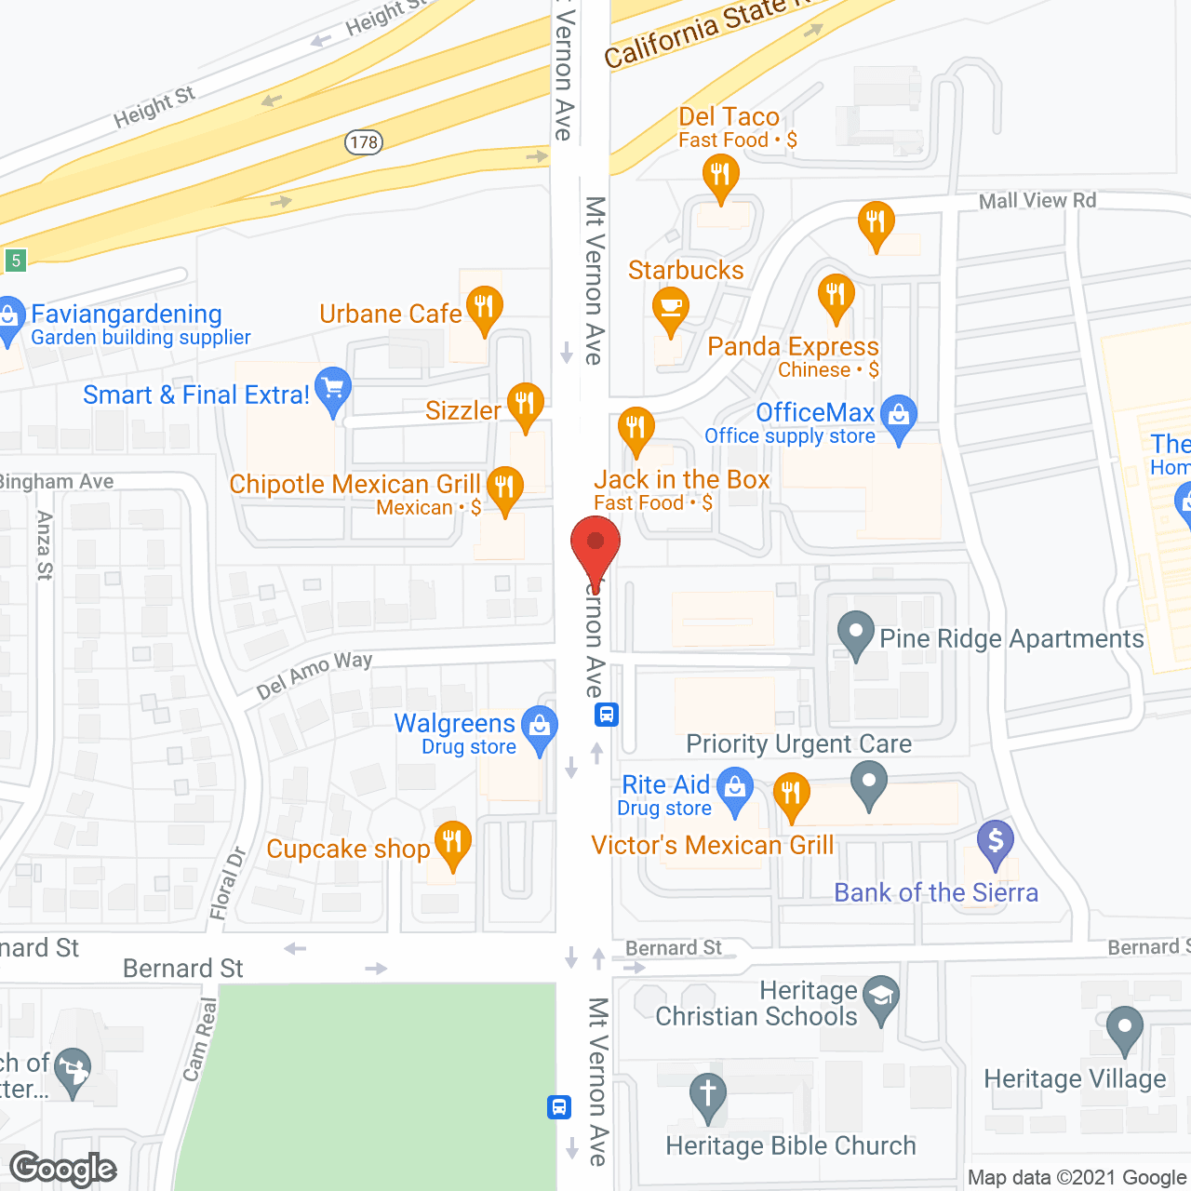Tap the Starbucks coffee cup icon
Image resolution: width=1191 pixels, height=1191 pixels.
pyautogui.click(x=670, y=307)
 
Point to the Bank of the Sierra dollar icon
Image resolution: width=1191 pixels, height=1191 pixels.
pyautogui.click(x=995, y=841)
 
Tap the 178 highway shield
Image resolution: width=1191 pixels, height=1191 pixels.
pyautogui.click(x=364, y=142)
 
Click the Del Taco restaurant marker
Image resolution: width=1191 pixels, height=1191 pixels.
pyautogui.click(x=720, y=174)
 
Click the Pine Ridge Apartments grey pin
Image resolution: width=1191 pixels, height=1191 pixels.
pyautogui.click(x=855, y=632)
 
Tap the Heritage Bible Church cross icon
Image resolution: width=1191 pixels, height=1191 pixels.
pyautogui.click(x=707, y=1092)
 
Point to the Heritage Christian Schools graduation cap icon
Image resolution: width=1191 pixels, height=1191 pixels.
pyautogui.click(x=880, y=997)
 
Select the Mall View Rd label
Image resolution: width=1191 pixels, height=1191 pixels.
pyautogui.click(x=1037, y=200)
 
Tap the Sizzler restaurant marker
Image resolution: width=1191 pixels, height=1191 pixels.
pyautogui.click(x=525, y=403)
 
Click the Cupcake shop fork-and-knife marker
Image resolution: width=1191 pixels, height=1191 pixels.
pyautogui.click(x=452, y=842)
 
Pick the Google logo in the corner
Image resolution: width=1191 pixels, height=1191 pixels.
pyautogui.click(x=63, y=1169)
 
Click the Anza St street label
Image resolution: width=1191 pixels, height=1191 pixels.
pyautogui.click(x=44, y=545)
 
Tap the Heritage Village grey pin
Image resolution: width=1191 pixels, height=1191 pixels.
pyautogui.click(x=1124, y=1027)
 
